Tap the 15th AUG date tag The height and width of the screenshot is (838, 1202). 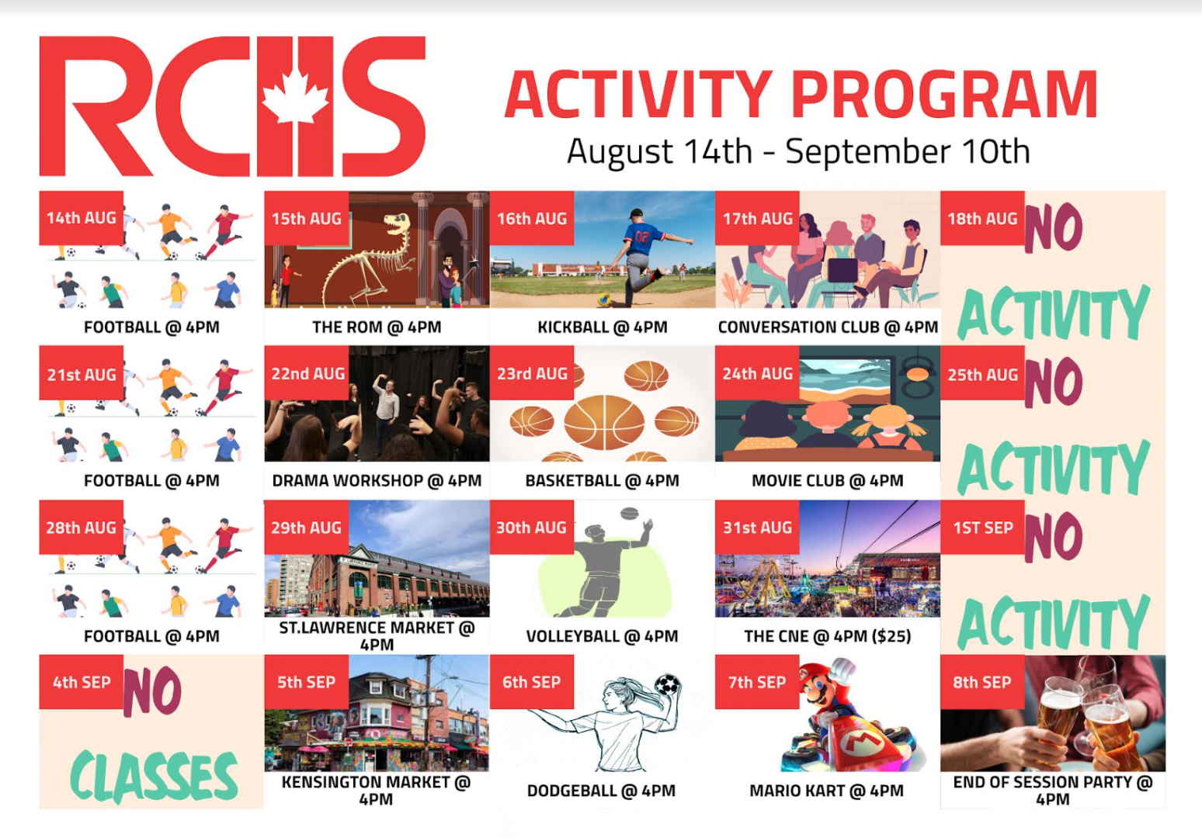pos(307,218)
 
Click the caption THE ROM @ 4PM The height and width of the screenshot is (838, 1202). pos(377,327)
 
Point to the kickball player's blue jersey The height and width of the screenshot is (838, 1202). pos(642,237)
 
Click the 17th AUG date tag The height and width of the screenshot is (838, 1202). pos(757,218)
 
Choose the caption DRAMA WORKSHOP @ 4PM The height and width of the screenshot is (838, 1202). pos(377,481)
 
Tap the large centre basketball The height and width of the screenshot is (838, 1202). pos(604,421)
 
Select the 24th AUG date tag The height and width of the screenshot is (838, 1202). pos(757,373)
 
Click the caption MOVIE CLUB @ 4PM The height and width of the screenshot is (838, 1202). pos(828,481)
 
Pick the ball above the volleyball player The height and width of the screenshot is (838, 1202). pos(630,514)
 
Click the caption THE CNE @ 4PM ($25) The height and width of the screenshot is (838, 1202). pos(828,636)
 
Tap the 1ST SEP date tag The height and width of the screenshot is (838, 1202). pos(982,528)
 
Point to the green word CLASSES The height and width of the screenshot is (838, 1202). pos(154,776)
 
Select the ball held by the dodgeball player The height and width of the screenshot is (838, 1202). pos(667,684)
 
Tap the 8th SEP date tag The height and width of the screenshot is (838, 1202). pos(982,682)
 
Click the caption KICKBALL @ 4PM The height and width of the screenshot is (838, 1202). pos(603,327)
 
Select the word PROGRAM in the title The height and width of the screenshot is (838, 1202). pos(945,95)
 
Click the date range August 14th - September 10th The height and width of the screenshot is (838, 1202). pos(798,152)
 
